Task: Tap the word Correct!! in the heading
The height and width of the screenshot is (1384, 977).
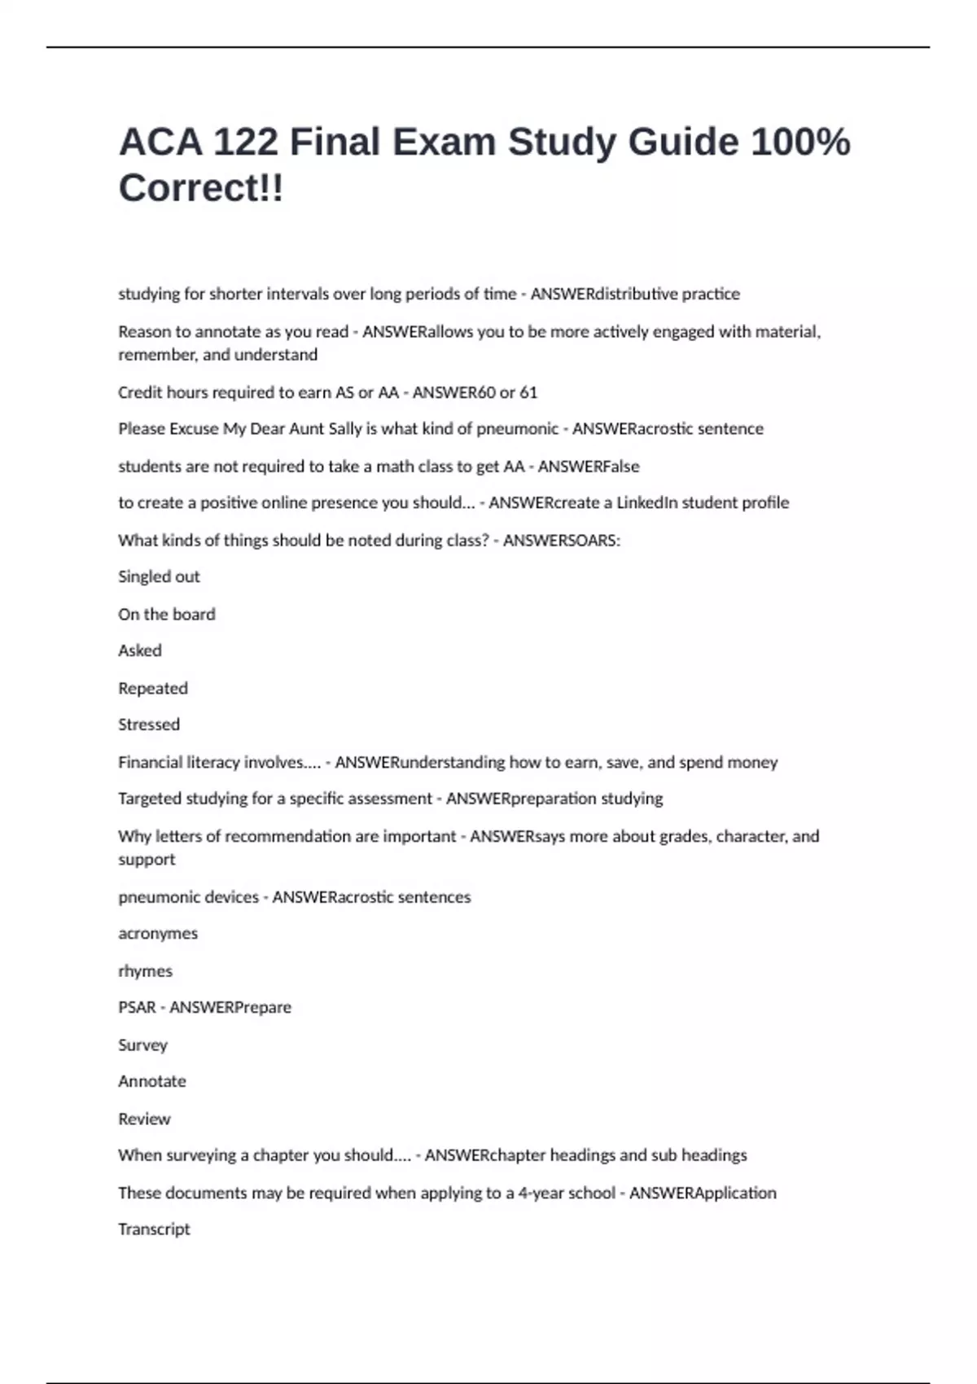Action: [201, 188]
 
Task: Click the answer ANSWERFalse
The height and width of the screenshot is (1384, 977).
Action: [589, 466]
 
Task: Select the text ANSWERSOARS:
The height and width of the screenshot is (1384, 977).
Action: [561, 541]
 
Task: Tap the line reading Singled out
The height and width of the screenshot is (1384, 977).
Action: [159, 577]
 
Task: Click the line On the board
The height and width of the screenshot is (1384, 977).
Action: [167, 615]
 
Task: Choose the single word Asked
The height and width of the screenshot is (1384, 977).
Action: [140, 650]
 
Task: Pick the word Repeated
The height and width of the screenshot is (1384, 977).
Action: [153, 688]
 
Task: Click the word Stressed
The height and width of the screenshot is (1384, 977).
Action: [149, 725]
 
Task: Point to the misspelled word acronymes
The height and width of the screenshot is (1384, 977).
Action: [158, 934]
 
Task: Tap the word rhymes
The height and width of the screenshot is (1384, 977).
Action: [145, 971]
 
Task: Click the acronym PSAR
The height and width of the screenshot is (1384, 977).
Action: [137, 1008]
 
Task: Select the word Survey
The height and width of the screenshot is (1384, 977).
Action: [142, 1045]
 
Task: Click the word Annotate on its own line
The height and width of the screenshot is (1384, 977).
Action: [152, 1081]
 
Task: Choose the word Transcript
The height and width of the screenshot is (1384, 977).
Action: [154, 1229]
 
